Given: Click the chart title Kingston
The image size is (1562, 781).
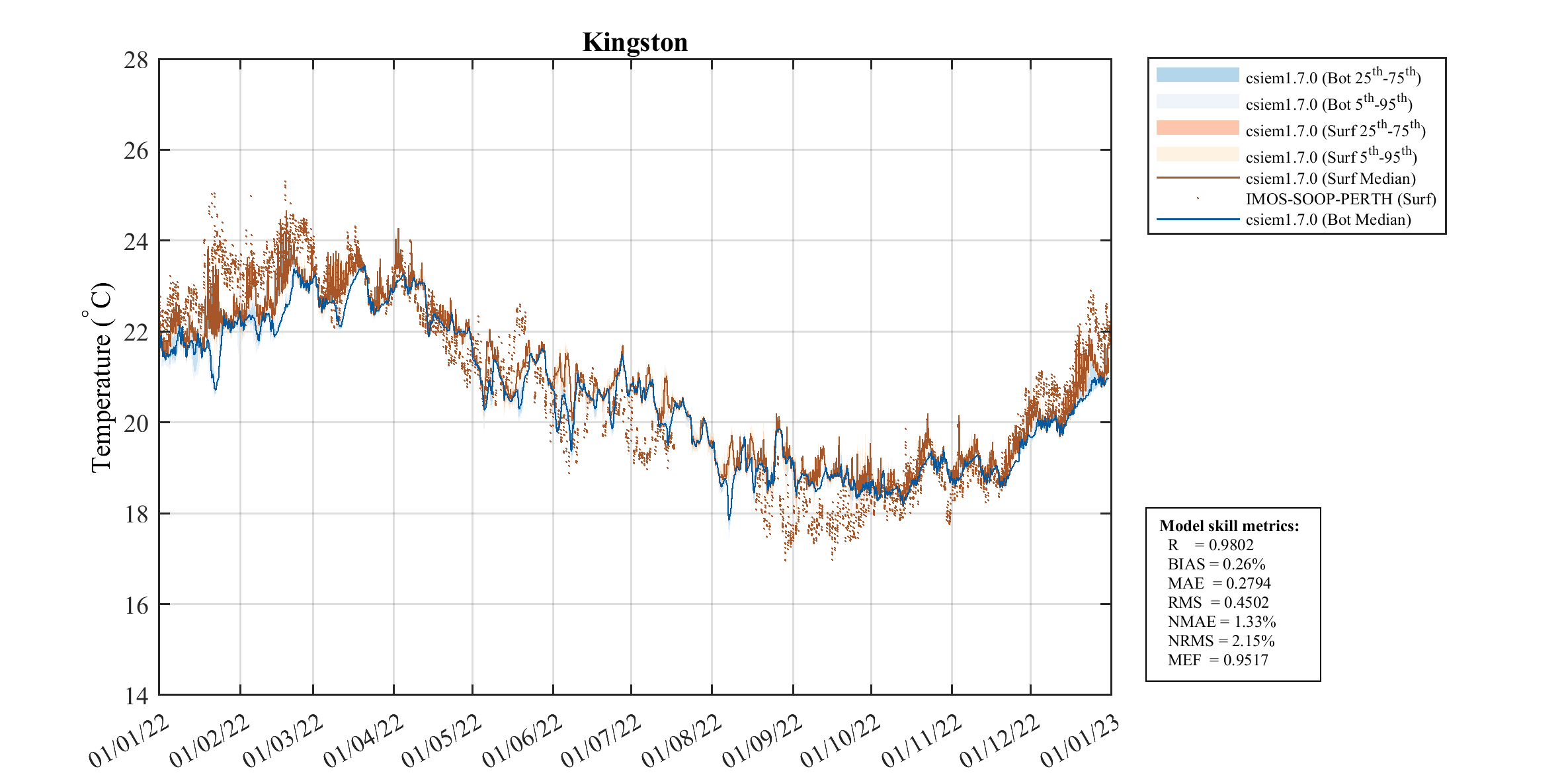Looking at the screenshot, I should (635, 42).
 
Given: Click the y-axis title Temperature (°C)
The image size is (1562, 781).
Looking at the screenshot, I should (101, 378).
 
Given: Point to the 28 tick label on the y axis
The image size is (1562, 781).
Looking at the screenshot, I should (136, 60).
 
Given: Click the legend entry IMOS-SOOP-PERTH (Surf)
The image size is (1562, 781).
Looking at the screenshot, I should (1340, 199).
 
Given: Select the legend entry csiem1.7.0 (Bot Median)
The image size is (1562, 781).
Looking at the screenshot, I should (1328, 220).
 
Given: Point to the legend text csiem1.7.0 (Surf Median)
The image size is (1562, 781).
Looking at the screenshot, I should (1330, 179).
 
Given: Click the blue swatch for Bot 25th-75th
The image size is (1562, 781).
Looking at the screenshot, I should (1197, 75).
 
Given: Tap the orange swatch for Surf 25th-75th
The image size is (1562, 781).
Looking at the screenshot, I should (1197, 128).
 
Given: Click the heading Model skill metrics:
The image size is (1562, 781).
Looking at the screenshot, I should (1229, 526).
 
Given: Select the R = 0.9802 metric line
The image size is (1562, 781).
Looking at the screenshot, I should (1210, 545).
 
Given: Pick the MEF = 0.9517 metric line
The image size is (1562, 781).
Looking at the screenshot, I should (1217, 660).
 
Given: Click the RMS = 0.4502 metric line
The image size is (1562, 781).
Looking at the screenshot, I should (1218, 602).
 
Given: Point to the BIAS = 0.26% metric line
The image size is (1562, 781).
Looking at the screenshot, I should (1216, 564).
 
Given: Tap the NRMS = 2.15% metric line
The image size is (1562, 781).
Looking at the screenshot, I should (1221, 641).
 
